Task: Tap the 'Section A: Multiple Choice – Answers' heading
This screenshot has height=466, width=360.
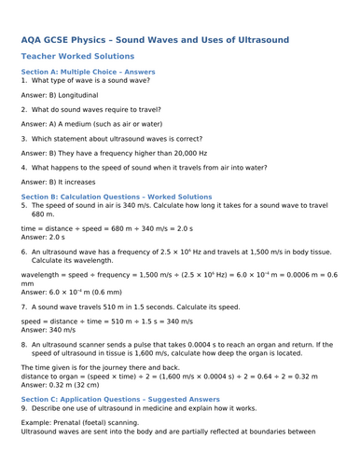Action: point(88,72)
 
